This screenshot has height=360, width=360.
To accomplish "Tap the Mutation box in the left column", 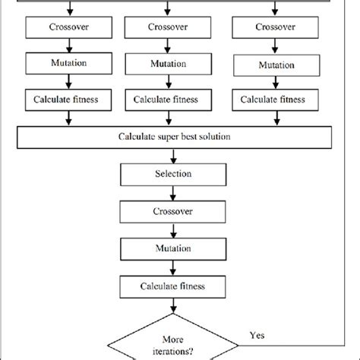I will click(x=69, y=63).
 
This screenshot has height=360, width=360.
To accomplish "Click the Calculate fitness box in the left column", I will click(x=69, y=99).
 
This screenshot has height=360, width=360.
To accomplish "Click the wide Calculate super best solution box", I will click(x=174, y=137).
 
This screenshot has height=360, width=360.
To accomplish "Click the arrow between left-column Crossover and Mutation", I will click(x=69, y=46).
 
